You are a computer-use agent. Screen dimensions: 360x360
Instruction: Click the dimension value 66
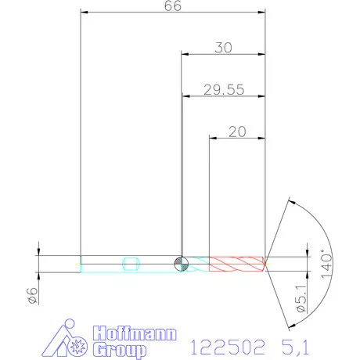coord(174,5)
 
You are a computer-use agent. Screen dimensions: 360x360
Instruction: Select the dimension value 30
coord(223,48)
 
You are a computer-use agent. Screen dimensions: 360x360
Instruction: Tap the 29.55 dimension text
coord(223,90)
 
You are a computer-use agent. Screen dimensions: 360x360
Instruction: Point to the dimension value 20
coord(237,132)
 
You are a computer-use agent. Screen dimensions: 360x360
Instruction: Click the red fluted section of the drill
coord(237,264)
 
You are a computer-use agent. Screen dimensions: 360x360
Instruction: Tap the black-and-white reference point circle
coord(181,264)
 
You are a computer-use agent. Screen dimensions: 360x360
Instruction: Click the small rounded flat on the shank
coord(131,264)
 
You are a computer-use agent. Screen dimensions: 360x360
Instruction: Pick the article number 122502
coord(224,344)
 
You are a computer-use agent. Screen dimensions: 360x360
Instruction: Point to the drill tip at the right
coord(266,264)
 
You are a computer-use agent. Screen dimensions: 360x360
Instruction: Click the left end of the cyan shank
coord(81,264)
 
